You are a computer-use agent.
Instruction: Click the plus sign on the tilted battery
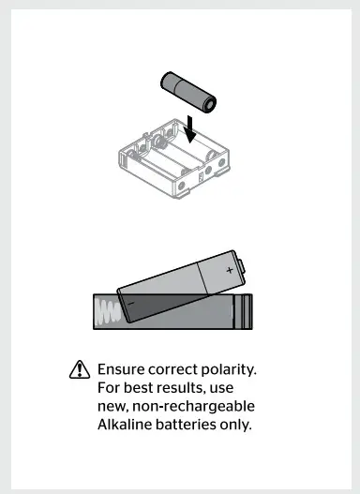tap(230, 269)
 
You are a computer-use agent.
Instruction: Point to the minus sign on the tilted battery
tap(130, 303)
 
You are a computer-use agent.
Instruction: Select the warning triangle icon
tap(79, 371)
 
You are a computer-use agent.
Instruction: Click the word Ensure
tap(122, 371)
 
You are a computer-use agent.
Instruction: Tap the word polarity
tap(229, 371)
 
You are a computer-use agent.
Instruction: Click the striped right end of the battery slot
tap(244, 311)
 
